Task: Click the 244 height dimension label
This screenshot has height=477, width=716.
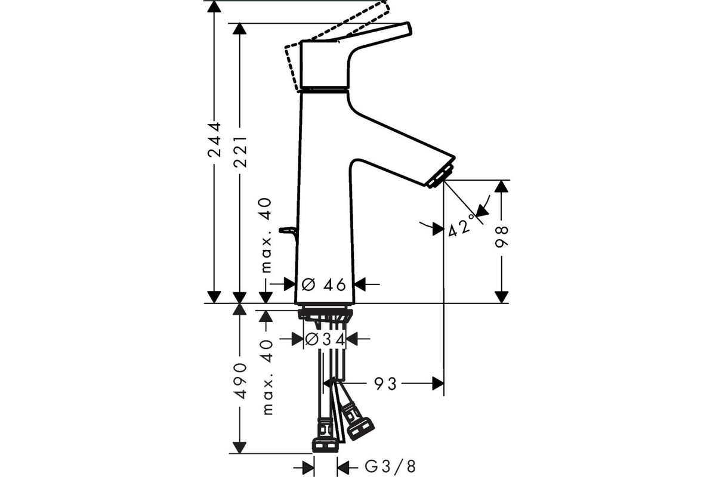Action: (x=214, y=140)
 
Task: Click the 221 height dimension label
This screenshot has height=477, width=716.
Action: (x=240, y=152)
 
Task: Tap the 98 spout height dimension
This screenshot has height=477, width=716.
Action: (x=501, y=237)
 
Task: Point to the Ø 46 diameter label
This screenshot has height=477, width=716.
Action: (x=323, y=284)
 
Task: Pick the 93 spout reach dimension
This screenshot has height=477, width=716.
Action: (x=385, y=384)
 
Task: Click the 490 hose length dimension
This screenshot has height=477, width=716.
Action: (x=240, y=381)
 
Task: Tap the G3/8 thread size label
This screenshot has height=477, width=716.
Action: (x=390, y=467)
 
